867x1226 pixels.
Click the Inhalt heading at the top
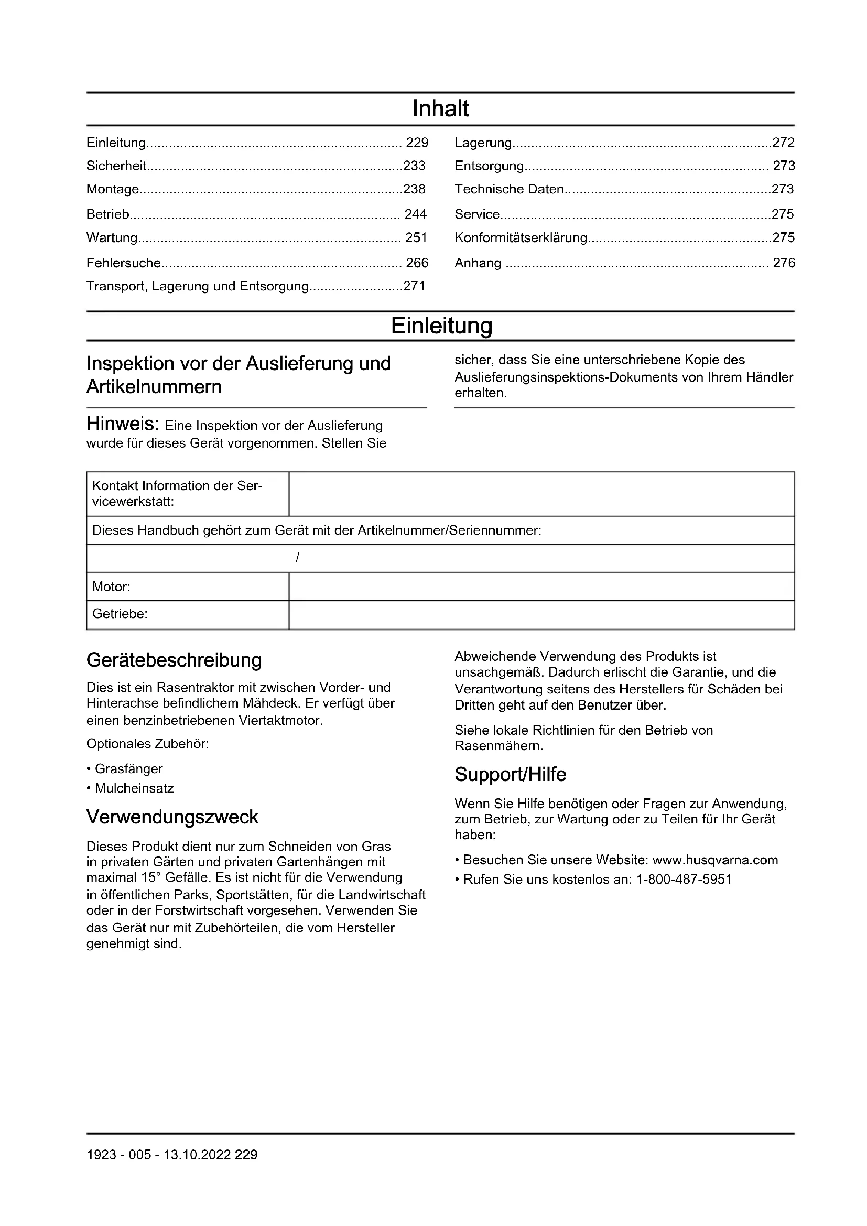tap(440, 109)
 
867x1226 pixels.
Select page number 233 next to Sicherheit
tap(414, 166)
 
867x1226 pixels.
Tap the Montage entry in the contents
tap(113, 190)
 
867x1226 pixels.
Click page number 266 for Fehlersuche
tap(417, 263)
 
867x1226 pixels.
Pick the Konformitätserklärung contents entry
tap(521, 237)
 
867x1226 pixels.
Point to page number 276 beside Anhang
tap(784, 263)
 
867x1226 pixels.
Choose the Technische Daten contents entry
tap(509, 189)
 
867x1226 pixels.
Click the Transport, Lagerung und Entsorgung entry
tap(198, 286)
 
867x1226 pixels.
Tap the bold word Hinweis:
tap(122, 425)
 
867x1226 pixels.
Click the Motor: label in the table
tap(111, 587)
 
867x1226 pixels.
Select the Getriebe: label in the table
tap(120, 614)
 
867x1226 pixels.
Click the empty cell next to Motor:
tap(541, 587)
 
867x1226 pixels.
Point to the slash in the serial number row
tap(297, 558)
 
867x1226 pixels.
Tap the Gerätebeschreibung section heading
tap(174, 660)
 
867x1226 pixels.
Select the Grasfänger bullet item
tap(128, 769)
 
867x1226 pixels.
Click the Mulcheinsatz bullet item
tap(134, 788)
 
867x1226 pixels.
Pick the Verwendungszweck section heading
tap(172, 817)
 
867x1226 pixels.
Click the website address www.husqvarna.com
tap(715, 860)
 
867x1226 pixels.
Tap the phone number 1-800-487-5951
tap(684, 880)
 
